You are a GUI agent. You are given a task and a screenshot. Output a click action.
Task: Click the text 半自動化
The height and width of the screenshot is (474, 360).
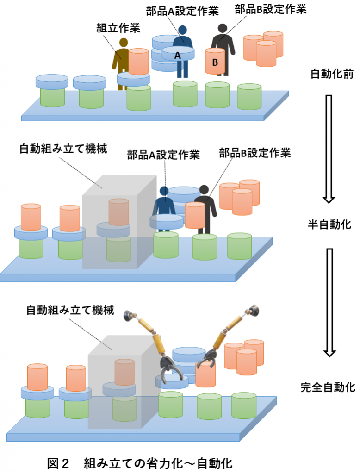pyautogui.click(x=329, y=225)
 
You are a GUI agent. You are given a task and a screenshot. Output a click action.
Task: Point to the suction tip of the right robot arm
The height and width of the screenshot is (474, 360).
pyautogui.click(x=253, y=309)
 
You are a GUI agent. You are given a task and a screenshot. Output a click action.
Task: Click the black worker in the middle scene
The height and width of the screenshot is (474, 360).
pyautogui.click(x=204, y=206)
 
